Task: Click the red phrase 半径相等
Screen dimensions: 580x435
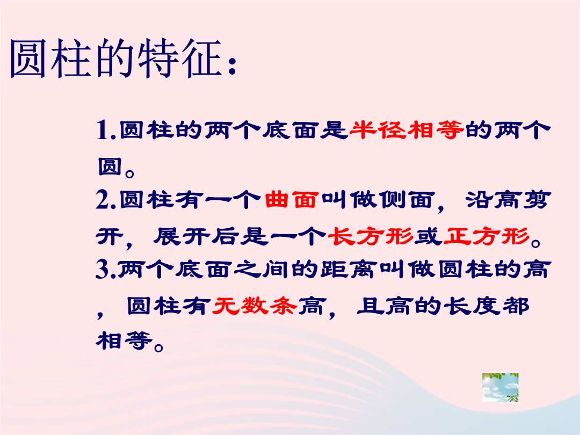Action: (406, 130)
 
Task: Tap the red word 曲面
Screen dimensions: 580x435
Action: (292, 200)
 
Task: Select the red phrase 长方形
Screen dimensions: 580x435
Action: (370, 236)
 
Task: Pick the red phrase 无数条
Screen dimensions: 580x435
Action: (255, 306)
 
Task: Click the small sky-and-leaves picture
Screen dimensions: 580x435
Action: (500, 387)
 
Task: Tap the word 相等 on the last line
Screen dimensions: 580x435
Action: (124, 340)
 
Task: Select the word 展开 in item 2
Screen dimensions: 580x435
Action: (182, 236)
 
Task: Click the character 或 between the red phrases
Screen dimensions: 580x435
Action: (429, 236)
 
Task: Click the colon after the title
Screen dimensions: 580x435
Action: (232, 67)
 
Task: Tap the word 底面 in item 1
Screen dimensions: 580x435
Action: (291, 130)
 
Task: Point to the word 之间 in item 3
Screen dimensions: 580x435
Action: (262, 269)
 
